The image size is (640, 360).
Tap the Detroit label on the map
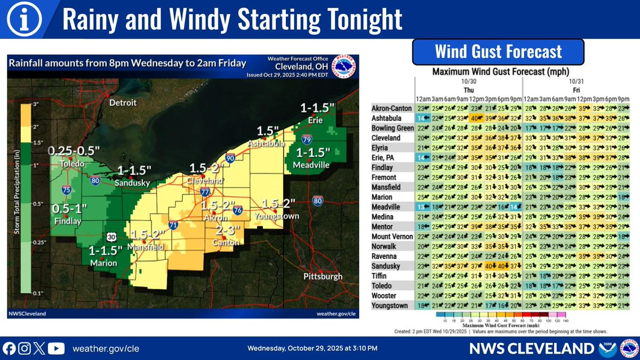[x=123, y=102]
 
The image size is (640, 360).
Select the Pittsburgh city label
[x=323, y=277]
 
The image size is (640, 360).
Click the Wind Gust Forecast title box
[x=498, y=52]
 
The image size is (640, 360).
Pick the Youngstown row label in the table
[x=390, y=306]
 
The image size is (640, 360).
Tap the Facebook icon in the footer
[x=9, y=349]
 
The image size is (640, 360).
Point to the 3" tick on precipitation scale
[x=37, y=105]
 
